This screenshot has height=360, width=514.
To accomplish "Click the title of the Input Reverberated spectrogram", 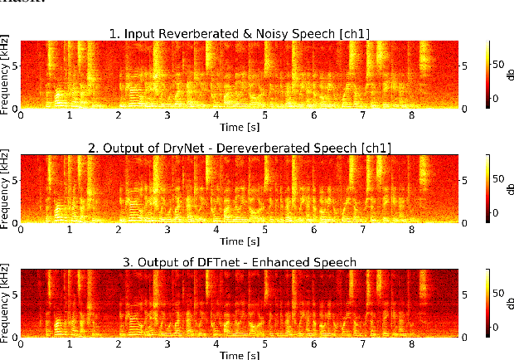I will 240,33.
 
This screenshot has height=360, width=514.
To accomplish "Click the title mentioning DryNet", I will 240,148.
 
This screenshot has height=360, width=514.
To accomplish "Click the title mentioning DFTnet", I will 240,262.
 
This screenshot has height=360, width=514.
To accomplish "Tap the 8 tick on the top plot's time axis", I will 410,115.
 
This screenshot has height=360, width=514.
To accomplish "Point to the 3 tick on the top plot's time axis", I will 167,115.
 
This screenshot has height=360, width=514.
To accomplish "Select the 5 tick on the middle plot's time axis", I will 265,230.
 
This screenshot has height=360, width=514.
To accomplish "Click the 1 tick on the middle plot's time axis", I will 70,230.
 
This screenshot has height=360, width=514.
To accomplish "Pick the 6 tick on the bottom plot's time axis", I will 313,344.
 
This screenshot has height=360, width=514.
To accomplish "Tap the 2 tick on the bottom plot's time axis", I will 119,344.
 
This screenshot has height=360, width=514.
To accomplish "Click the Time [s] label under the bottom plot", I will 240,354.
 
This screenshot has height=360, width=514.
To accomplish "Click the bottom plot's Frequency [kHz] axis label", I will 6,303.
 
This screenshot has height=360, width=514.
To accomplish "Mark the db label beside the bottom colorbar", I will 507,303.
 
